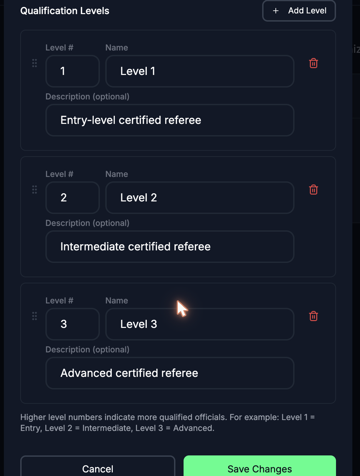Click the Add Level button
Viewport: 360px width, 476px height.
299,11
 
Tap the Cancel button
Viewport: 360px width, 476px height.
97,466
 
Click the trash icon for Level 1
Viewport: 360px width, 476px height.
313,63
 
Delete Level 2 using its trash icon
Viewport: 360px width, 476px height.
313,189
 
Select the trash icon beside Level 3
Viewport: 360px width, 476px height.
313,316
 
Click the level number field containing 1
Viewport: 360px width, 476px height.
73,71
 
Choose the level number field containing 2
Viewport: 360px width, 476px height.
73,198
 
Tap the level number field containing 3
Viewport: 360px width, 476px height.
73,324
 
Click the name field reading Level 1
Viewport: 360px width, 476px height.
199,71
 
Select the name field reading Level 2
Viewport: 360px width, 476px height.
199,198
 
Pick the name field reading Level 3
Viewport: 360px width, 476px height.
199,324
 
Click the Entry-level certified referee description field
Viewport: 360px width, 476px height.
170,120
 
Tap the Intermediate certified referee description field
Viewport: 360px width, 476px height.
170,247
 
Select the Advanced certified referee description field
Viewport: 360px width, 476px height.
170,373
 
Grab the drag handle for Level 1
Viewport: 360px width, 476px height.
34,63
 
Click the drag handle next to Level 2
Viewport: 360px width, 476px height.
34,189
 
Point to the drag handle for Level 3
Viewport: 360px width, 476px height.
34,316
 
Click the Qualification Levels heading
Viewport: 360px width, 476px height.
65,11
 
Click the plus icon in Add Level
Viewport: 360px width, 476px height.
276,10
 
